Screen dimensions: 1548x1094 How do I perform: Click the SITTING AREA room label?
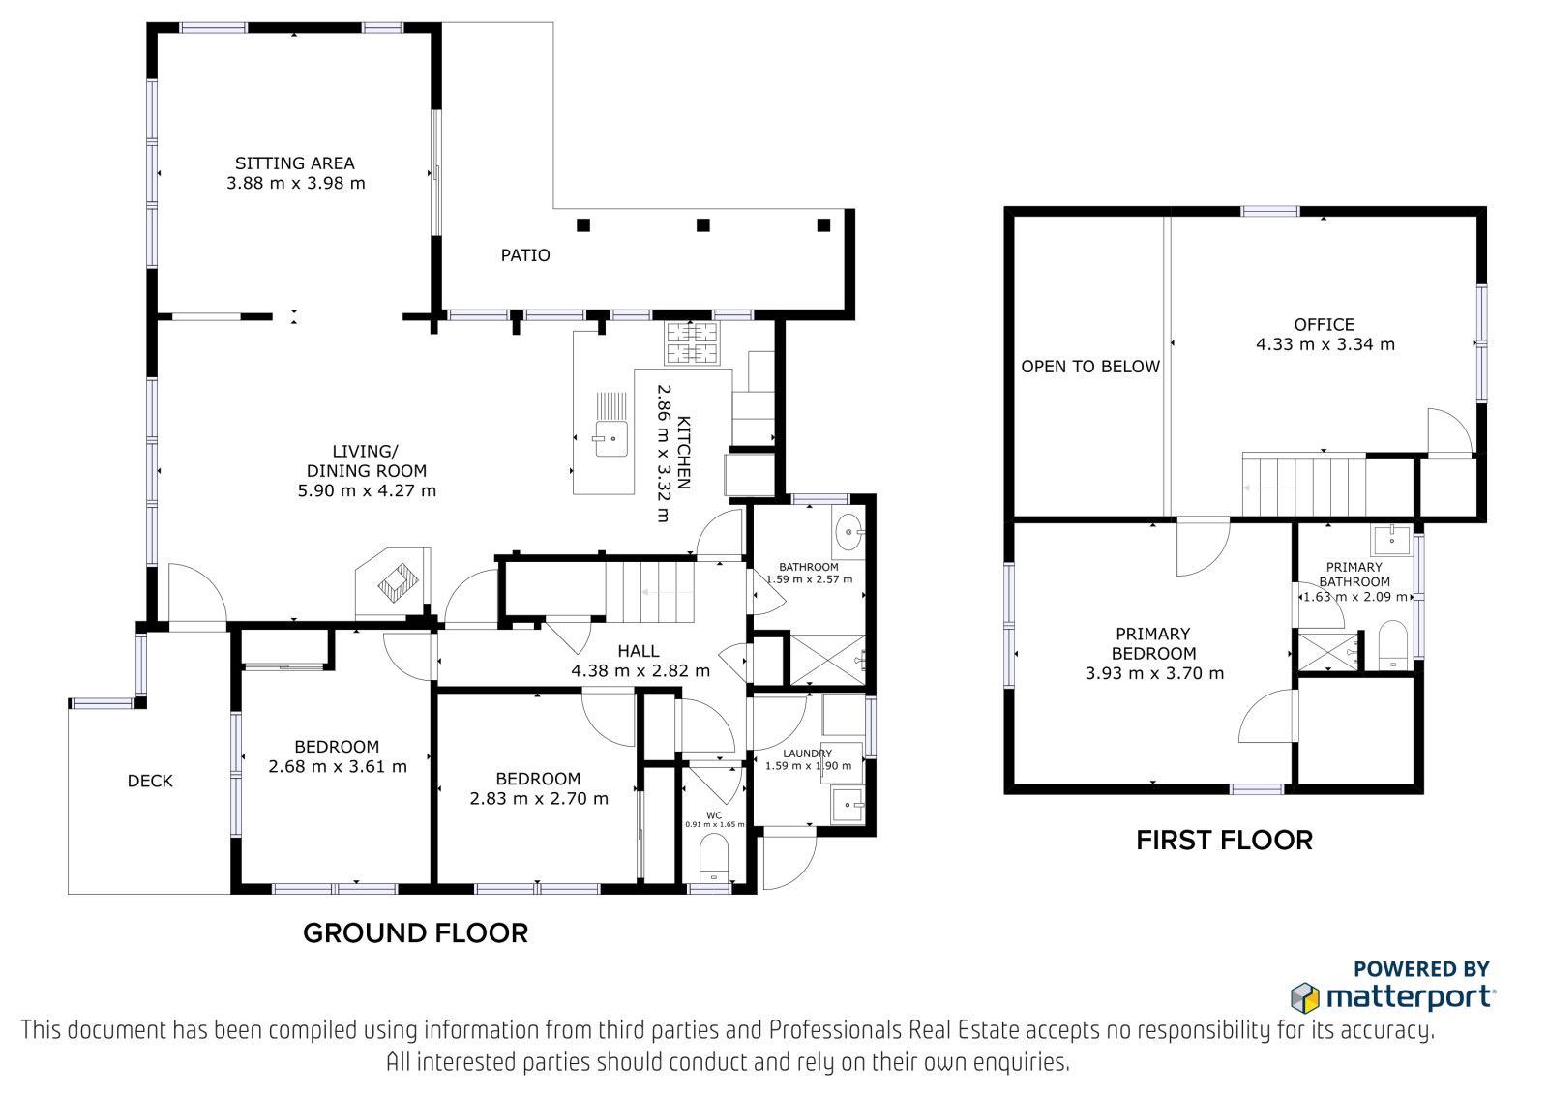coord(295,163)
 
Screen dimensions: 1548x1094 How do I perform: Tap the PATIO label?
coord(525,255)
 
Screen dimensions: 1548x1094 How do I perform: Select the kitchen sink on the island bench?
coord(610,438)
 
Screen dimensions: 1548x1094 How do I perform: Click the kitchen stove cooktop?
coord(691,342)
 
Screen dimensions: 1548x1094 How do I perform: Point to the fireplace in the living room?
coord(394,583)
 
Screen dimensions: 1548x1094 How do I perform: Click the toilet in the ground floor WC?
coord(714,858)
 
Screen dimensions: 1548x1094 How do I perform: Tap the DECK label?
coord(150,781)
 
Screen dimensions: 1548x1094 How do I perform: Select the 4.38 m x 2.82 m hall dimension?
coord(640,670)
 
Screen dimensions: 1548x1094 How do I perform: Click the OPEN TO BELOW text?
coord(1090,367)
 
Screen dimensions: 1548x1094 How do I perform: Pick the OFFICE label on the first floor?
coord(1325,324)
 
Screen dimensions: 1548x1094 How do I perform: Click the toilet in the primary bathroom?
coord(1392,645)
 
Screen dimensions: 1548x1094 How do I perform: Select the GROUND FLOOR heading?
coord(415,933)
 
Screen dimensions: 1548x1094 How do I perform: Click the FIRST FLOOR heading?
coord(1224,841)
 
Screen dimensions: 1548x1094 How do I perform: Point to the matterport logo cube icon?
coord(1305,997)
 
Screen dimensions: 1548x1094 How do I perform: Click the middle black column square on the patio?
coord(702,224)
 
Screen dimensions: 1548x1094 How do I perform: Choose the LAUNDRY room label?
coord(807,754)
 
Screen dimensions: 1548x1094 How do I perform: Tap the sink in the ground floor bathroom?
coord(848,532)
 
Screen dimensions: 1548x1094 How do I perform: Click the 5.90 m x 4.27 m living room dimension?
coord(367,490)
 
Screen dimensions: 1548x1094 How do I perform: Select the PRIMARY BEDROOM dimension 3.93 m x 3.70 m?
coord(1154,673)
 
